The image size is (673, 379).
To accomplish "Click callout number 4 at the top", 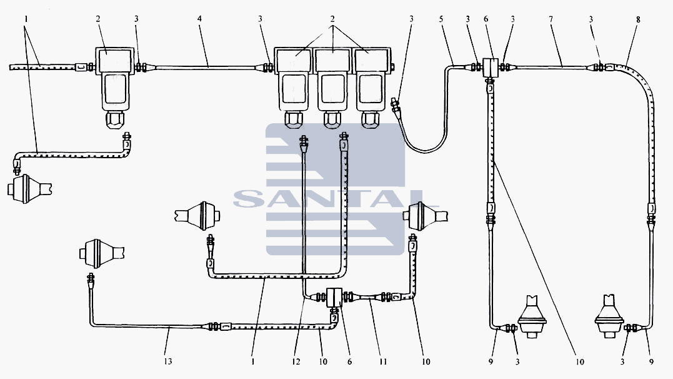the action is point(199,19).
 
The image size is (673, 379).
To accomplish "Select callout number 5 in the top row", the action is point(441,19).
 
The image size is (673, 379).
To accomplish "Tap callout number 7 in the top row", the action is point(551,19).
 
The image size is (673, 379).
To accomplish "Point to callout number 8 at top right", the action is point(638,19).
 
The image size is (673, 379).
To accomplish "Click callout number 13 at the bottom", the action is point(168,361).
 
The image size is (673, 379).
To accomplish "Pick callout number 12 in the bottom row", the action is point(296,361).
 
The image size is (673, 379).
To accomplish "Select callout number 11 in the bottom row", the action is point(383,361).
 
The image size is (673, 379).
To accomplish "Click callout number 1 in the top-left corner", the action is point(26,19).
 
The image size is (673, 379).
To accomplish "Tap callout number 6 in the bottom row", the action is point(349,361).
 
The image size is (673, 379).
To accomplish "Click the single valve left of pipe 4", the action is point(114,86).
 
